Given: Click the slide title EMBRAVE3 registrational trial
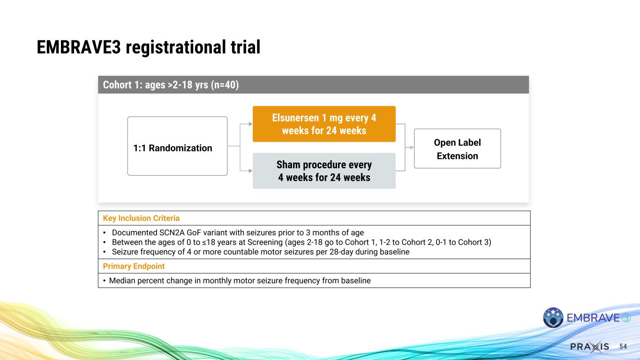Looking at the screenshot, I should [149, 47].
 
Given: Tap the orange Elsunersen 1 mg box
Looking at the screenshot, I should [324, 124].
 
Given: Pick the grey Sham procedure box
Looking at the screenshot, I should [324, 171].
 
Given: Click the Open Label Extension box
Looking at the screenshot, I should [457, 149].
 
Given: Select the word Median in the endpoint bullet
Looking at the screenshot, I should [121, 281].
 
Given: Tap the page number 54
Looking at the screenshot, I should [623, 346].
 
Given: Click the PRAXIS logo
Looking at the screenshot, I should [589, 346].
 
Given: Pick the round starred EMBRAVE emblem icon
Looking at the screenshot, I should [553, 317].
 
